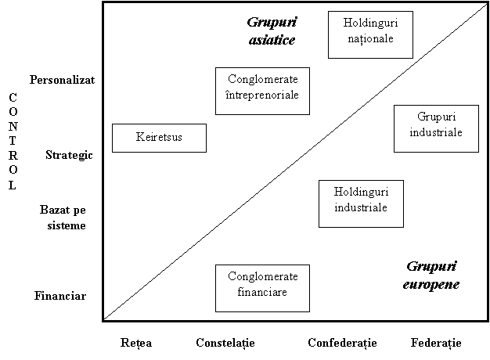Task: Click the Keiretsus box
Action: (159, 138)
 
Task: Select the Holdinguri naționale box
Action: (370, 34)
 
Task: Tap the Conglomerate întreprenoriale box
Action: (262, 91)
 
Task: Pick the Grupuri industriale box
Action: (436, 129)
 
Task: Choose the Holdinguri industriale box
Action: (361, 203)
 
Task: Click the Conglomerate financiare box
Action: (262, 288)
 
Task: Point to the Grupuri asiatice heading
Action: (272, 31)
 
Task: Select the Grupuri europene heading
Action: (431, 275)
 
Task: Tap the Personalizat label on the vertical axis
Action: (62, 80)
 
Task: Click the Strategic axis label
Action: (69, 155)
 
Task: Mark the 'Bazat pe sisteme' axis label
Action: (63, 218)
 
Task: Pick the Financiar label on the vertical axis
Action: (60, 296)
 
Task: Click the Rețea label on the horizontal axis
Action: (136, 343)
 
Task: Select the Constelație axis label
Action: (225, 343)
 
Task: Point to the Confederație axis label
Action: (342, 343)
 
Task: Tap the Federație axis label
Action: (436, 343)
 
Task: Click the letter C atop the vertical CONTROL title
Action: (13, 98)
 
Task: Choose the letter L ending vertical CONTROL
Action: (13, 185)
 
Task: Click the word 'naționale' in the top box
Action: (370, 39)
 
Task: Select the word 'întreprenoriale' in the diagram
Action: (262, 95)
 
